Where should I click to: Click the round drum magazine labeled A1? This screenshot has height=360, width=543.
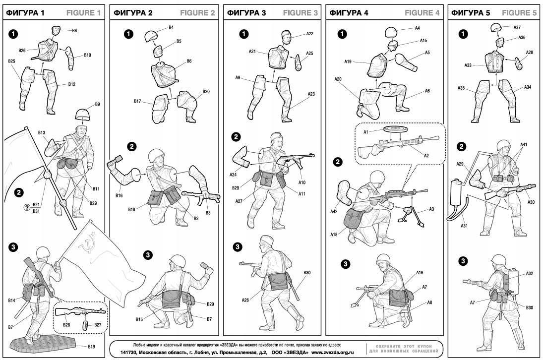pyautogui.click(x=396, y=130)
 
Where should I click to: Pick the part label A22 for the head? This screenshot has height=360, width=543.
pyautogui.click(x=309, y=34)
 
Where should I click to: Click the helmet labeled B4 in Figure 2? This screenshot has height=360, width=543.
pyautogui.click(x=151, y=36)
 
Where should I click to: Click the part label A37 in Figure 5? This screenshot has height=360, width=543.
pyautogui.click(x=517, y=27)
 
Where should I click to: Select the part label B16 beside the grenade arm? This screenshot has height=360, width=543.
pyautogui.click(x=119, y=195)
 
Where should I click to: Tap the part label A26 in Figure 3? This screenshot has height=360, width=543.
pyautogui.click(x=246, y=300)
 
